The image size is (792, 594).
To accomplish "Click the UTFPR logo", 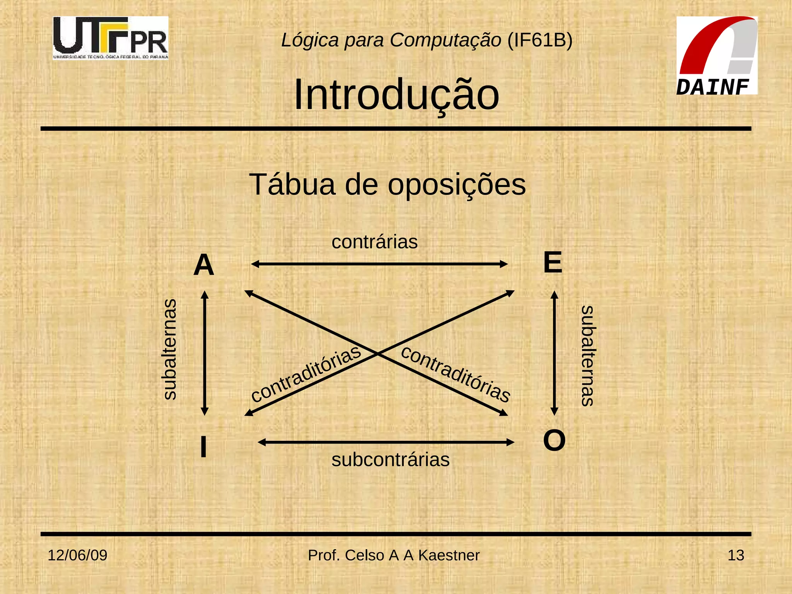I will point(111,38).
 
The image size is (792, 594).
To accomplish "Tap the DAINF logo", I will point(717,56).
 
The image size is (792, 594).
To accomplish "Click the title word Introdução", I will point(396,95).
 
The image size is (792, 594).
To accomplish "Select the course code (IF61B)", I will point(540,40).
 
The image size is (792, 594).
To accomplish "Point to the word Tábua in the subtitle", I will point(292,184).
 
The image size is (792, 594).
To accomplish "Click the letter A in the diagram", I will point(204,265).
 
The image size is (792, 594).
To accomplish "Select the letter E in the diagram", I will point(553,263).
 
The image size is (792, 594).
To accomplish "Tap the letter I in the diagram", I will point(203,447).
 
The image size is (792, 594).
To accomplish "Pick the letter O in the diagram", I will point(554,440).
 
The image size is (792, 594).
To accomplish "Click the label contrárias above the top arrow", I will point(374,242).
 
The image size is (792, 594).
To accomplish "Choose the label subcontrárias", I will point(391,460).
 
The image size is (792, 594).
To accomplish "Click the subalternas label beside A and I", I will point(169,349).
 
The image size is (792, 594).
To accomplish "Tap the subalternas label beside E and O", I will point(587,356).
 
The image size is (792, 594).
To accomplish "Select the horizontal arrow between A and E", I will point(379,264).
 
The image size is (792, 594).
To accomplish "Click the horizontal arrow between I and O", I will point(386,442).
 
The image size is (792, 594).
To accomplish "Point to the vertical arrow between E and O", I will point(554,353).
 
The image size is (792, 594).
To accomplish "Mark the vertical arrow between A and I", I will point(205,353).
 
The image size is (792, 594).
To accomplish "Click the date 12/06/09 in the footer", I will point(77,555).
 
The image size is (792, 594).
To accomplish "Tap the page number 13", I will point(736,555).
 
